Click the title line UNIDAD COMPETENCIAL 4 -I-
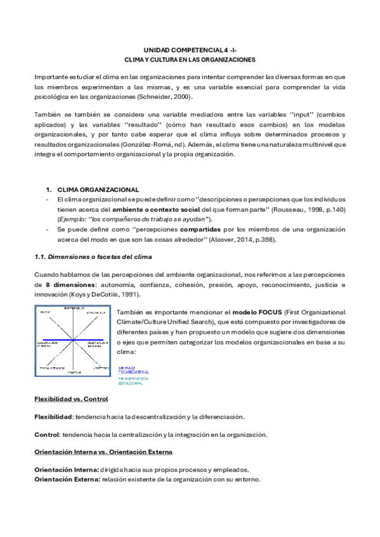click(190, 49)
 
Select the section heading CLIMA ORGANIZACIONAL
click(98, 189)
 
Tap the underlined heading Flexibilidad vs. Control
click(70, 399)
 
